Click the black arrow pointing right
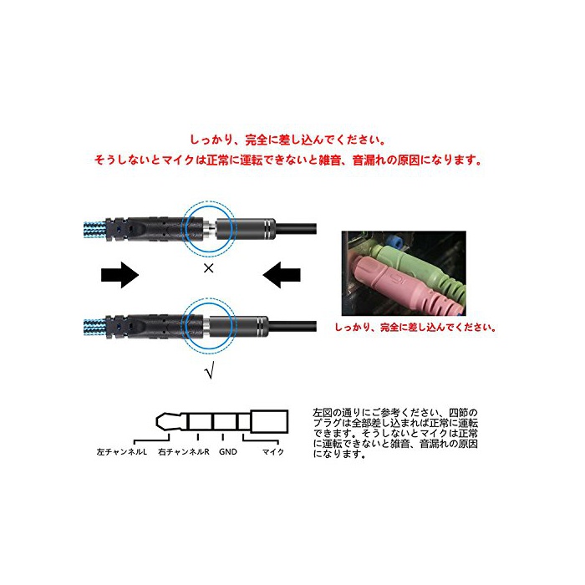120,275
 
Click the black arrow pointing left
282,275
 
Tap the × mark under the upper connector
209,268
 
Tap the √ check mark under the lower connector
210,370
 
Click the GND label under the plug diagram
228,452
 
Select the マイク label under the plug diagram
273,452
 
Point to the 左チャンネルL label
122,452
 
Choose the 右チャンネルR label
184,452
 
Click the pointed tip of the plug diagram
157,421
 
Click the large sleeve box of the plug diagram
269,421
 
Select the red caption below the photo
415,328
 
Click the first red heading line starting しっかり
287,140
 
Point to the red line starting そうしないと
287,160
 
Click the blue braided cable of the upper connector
95,230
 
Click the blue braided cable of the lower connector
95,328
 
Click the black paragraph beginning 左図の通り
395,434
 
